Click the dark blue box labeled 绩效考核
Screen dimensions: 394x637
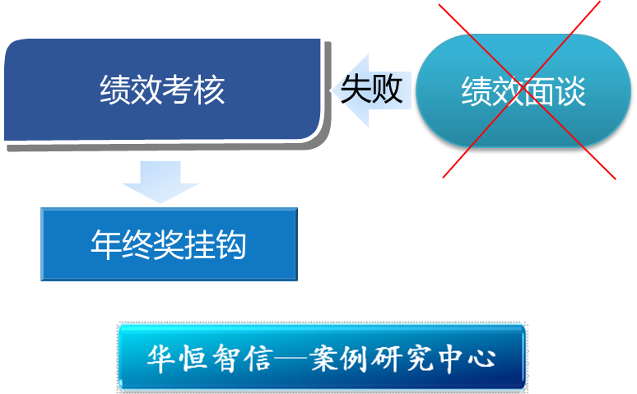click(x=161, y=90)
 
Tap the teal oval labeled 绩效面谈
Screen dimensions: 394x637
click(x=523, y=90)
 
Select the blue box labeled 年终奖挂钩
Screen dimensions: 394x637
click(x=169, y=244)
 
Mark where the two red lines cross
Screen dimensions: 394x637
click(x=526, y=90)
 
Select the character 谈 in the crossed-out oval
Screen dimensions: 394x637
click(x=570, y=92)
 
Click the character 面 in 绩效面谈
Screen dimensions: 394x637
click(x=539, y=92)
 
